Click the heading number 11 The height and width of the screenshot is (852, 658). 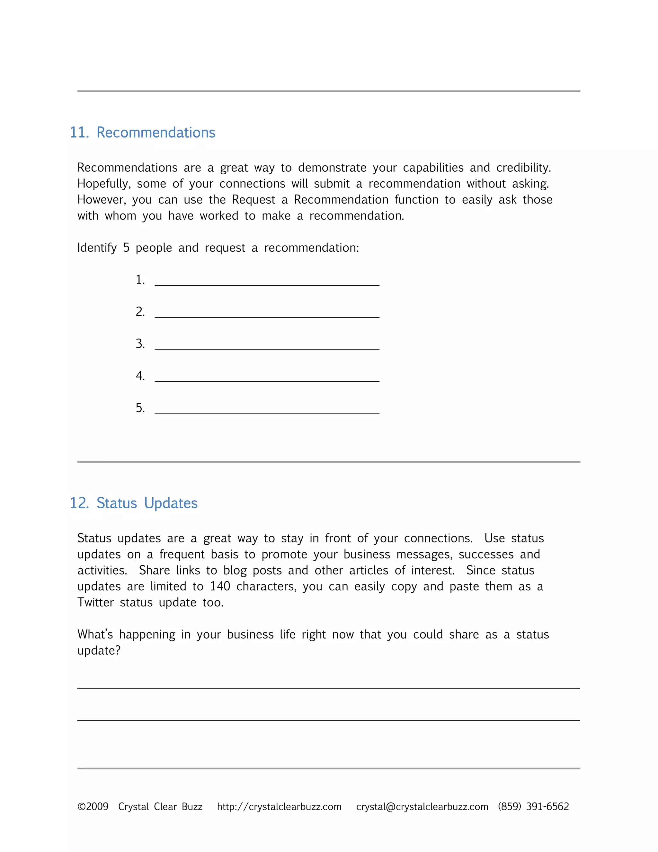click(79, 133)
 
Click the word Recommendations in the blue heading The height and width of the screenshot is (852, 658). click(156, 133)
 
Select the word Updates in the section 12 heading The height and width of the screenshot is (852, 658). click(171, 503)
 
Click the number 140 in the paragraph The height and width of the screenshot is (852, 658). click(220, 586)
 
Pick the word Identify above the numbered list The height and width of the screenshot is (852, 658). click(97, 248)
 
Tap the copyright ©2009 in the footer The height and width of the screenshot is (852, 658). click(93, 806)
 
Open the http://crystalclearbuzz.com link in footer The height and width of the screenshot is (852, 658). click(279, 806)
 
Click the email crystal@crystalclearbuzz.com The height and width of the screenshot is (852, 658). click(422, 806)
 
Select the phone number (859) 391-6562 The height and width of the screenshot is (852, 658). click(533, 806)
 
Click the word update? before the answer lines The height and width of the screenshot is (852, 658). click(99, 651)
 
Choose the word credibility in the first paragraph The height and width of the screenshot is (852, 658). click(523, 168)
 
